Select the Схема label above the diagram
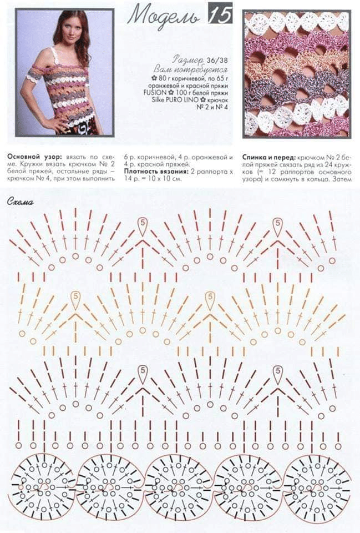(x=21, y=202)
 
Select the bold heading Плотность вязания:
(x=151, y=172)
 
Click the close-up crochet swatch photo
(x=296, y=73)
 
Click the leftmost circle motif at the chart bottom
(x=42, y=486)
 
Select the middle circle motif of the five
(x=179, y=486)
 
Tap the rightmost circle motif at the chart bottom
(x=317, y=486)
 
